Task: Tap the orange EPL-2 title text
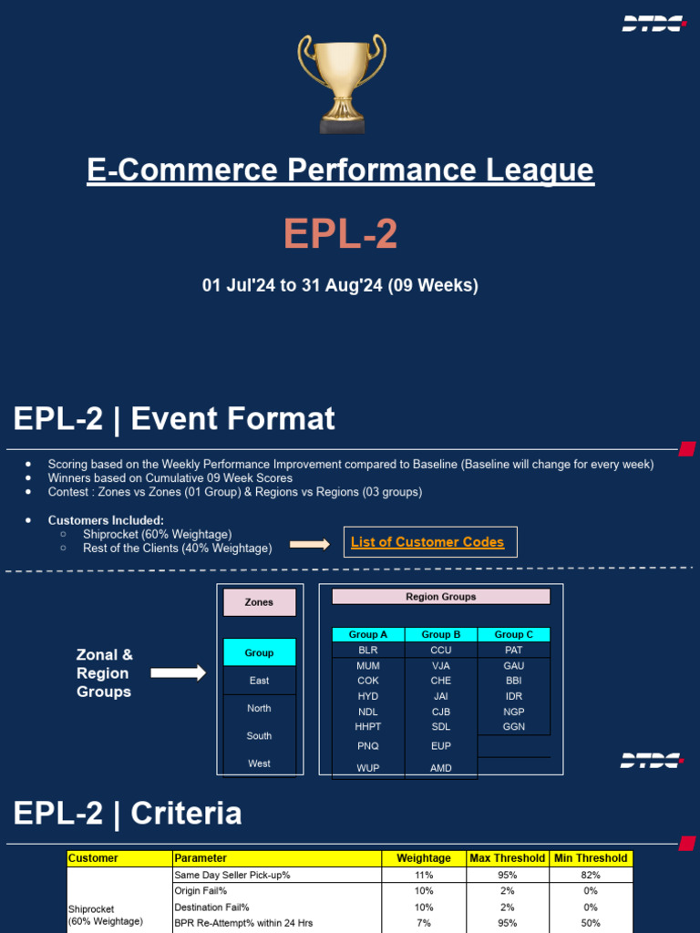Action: click(x=340, y=234)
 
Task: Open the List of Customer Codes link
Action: click(x=427, y=542)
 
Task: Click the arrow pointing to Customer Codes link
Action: click(x=310, y=544)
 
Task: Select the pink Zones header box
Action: click(x=260, y=602)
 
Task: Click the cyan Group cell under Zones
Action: click(x=260, y=652)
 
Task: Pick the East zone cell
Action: click(x=260, y=681)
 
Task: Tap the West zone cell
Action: click(x=260, y=764)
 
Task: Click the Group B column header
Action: click(x=441, y=634)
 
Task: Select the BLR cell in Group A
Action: click(x=368, y=651)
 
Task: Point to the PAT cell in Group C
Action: click(x=514, y=651)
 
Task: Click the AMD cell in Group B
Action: click(x=441, y=768)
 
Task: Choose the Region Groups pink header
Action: click(x=441, y=597)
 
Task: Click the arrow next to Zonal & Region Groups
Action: click(x=178, y=673)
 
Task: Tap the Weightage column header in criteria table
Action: click(x=424, y=858)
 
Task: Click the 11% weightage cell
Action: click(x=424, y=875)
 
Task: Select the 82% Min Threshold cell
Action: click(x=591, y=875)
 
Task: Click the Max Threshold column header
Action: click(x=507, y=858)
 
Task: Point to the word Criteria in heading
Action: click(x=186, y=813)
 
